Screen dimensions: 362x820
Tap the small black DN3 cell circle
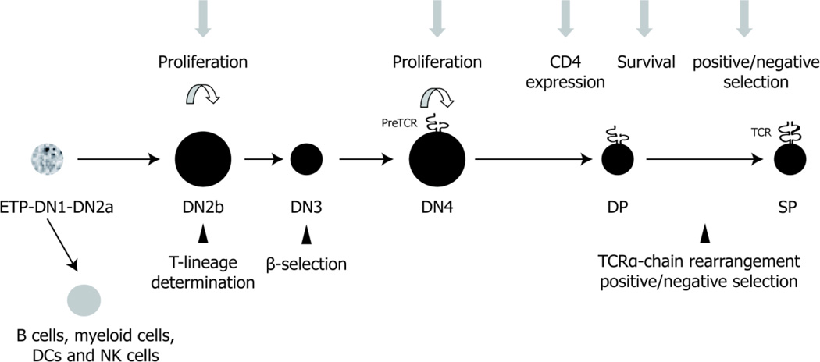tap(306, 161)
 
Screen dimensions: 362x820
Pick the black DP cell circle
tap(617, 161)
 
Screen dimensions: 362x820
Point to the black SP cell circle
tap(790, 161)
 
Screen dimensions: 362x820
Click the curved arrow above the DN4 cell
tap(435, 97)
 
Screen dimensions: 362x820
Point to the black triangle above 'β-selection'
tap(306, 233)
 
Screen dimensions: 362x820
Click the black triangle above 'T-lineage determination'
tap(202, 233)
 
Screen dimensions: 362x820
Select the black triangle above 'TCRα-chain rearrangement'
tap(704, 233)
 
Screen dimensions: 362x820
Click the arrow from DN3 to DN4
tap(363, 161)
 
